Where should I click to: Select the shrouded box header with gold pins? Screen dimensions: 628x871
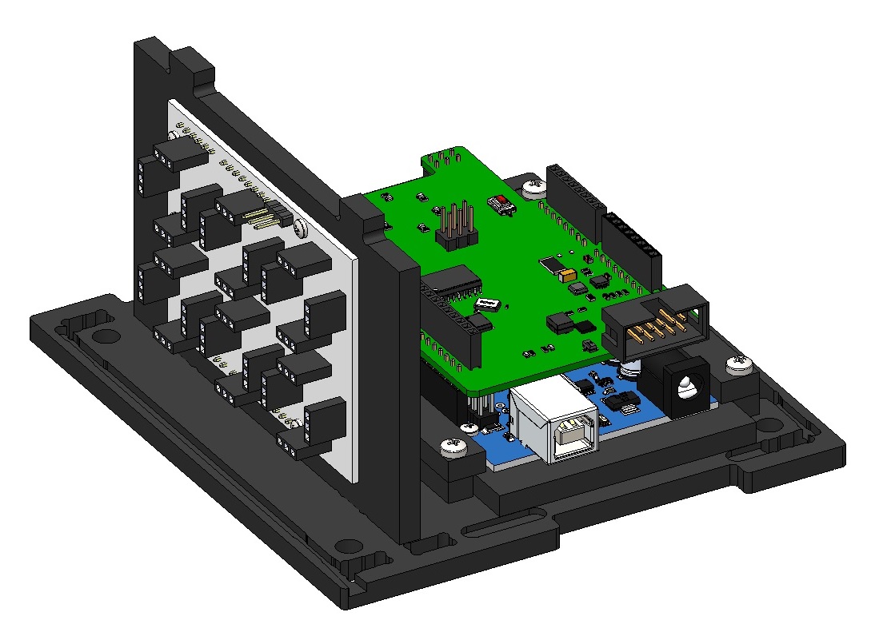click(656, 320)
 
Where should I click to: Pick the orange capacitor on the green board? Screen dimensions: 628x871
click(569, 275)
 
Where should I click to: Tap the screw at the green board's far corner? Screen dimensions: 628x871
click(533, 189)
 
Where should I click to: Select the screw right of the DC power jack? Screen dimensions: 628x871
click(740, 366)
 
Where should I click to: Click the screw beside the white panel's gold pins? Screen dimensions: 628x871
click(298, 228)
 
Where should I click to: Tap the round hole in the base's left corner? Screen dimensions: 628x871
click(102, 335)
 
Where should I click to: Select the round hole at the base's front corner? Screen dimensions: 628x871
click(348, 547)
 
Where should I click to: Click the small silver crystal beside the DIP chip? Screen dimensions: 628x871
click(487, 304)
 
